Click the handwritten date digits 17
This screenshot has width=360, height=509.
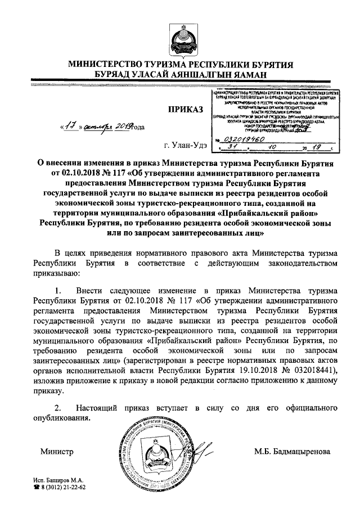(x=70, y=127)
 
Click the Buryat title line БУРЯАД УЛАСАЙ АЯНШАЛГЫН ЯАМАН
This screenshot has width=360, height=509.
(x=180, y=74)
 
